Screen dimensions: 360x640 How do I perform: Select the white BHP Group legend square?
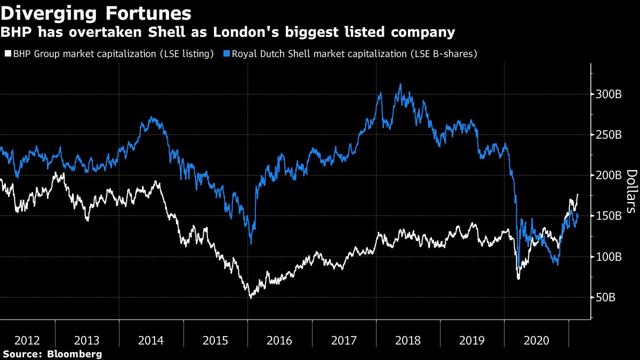[7, 54]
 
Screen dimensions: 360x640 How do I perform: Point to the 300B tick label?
[608, 94]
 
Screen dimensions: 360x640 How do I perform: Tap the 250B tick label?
[608, 135]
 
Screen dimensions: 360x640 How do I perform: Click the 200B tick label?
[608, 175]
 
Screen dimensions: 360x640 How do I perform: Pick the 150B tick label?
[608, 216]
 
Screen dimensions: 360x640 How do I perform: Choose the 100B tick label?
[608, 257]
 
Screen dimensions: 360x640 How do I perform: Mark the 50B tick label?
[606, 297]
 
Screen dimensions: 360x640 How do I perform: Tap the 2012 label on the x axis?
[27, 340]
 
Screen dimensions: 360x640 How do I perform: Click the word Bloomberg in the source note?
[74, 354]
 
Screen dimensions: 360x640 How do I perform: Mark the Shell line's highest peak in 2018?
[400, 84]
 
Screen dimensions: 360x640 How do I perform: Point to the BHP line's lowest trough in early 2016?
[251, 297]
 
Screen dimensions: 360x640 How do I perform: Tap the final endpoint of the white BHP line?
[578, 195]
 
